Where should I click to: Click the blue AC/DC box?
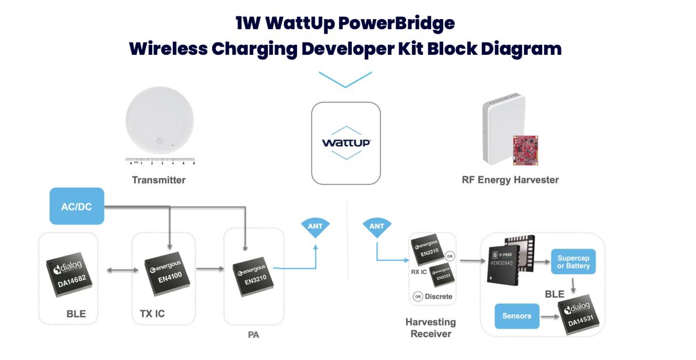click(77, 206)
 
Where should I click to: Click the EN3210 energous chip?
click(252, 273)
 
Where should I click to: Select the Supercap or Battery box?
click(573, 262)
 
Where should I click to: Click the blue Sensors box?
click(516, 316)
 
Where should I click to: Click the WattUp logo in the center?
click(346, 143)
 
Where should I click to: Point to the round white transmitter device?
click(160, 123)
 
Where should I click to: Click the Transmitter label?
click(158, 180)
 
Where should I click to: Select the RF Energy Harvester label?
click(510, 180)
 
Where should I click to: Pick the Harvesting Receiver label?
click(430, 328)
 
